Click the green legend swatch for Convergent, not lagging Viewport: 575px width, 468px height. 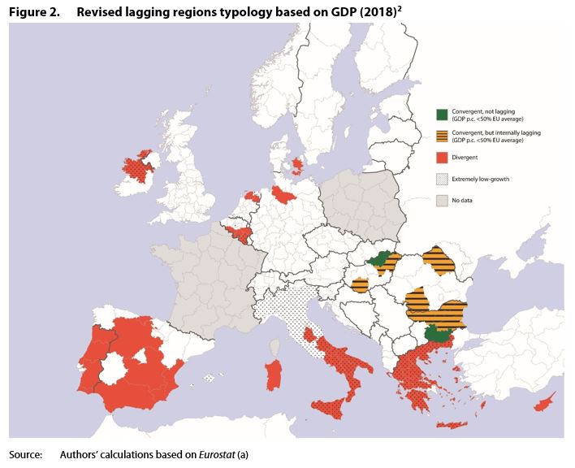(x=442, y=115)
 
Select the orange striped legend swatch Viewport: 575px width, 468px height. (x=442, y=135)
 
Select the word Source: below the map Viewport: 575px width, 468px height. (x=25, y=455)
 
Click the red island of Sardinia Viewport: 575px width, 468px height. (x=275, y=375)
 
